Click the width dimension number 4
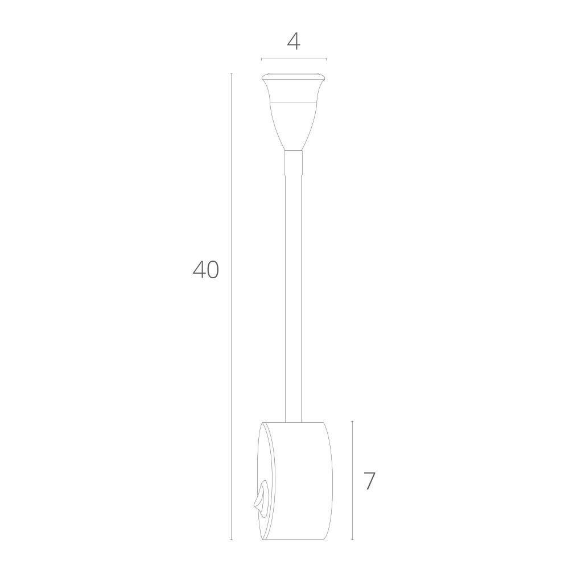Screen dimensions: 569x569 [x=294, y=42]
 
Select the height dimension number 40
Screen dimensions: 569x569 [x=205, y=270]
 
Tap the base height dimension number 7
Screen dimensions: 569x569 [x=369, y=481]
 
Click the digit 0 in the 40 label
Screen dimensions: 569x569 [x=212, y=270]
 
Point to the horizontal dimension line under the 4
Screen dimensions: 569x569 [x=294, y=59]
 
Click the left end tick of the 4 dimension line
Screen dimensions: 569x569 [x=261, y=59]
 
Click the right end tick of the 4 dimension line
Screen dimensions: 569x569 [x=326, y=59]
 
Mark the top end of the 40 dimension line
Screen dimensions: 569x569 [x=231, y=73]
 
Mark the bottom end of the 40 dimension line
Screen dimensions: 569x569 [x=231, y=539]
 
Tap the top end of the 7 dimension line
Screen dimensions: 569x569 [x=352, y=422]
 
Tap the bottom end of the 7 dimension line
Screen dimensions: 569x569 [x=352, y=539]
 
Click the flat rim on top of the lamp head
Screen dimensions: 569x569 [x=294, y=76]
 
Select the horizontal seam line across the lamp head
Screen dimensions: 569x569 [x=294, y=102]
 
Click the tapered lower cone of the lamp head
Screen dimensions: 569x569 [x=294, y=125]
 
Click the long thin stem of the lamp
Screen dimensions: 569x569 [x=294, y=284]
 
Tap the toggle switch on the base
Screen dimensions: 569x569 [x=260, y=498]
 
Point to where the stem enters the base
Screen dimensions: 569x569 [x=294, y=422]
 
